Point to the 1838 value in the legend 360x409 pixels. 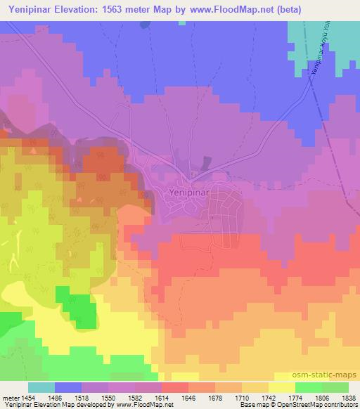point(349,397)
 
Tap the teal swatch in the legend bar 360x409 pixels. point(41,387)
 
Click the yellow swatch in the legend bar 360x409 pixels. point(282,387)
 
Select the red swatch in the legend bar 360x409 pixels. point(175,387)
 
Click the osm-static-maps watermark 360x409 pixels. point(330,375)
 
